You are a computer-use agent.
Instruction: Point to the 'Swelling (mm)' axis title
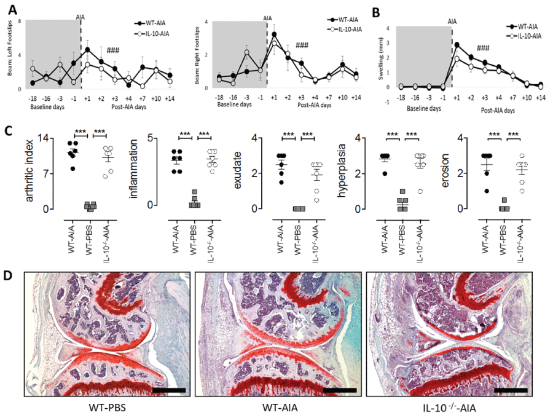pos(383,57)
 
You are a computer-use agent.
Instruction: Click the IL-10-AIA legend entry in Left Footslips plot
pos(150,32)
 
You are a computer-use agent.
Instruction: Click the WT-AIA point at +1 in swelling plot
pos(457,45)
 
